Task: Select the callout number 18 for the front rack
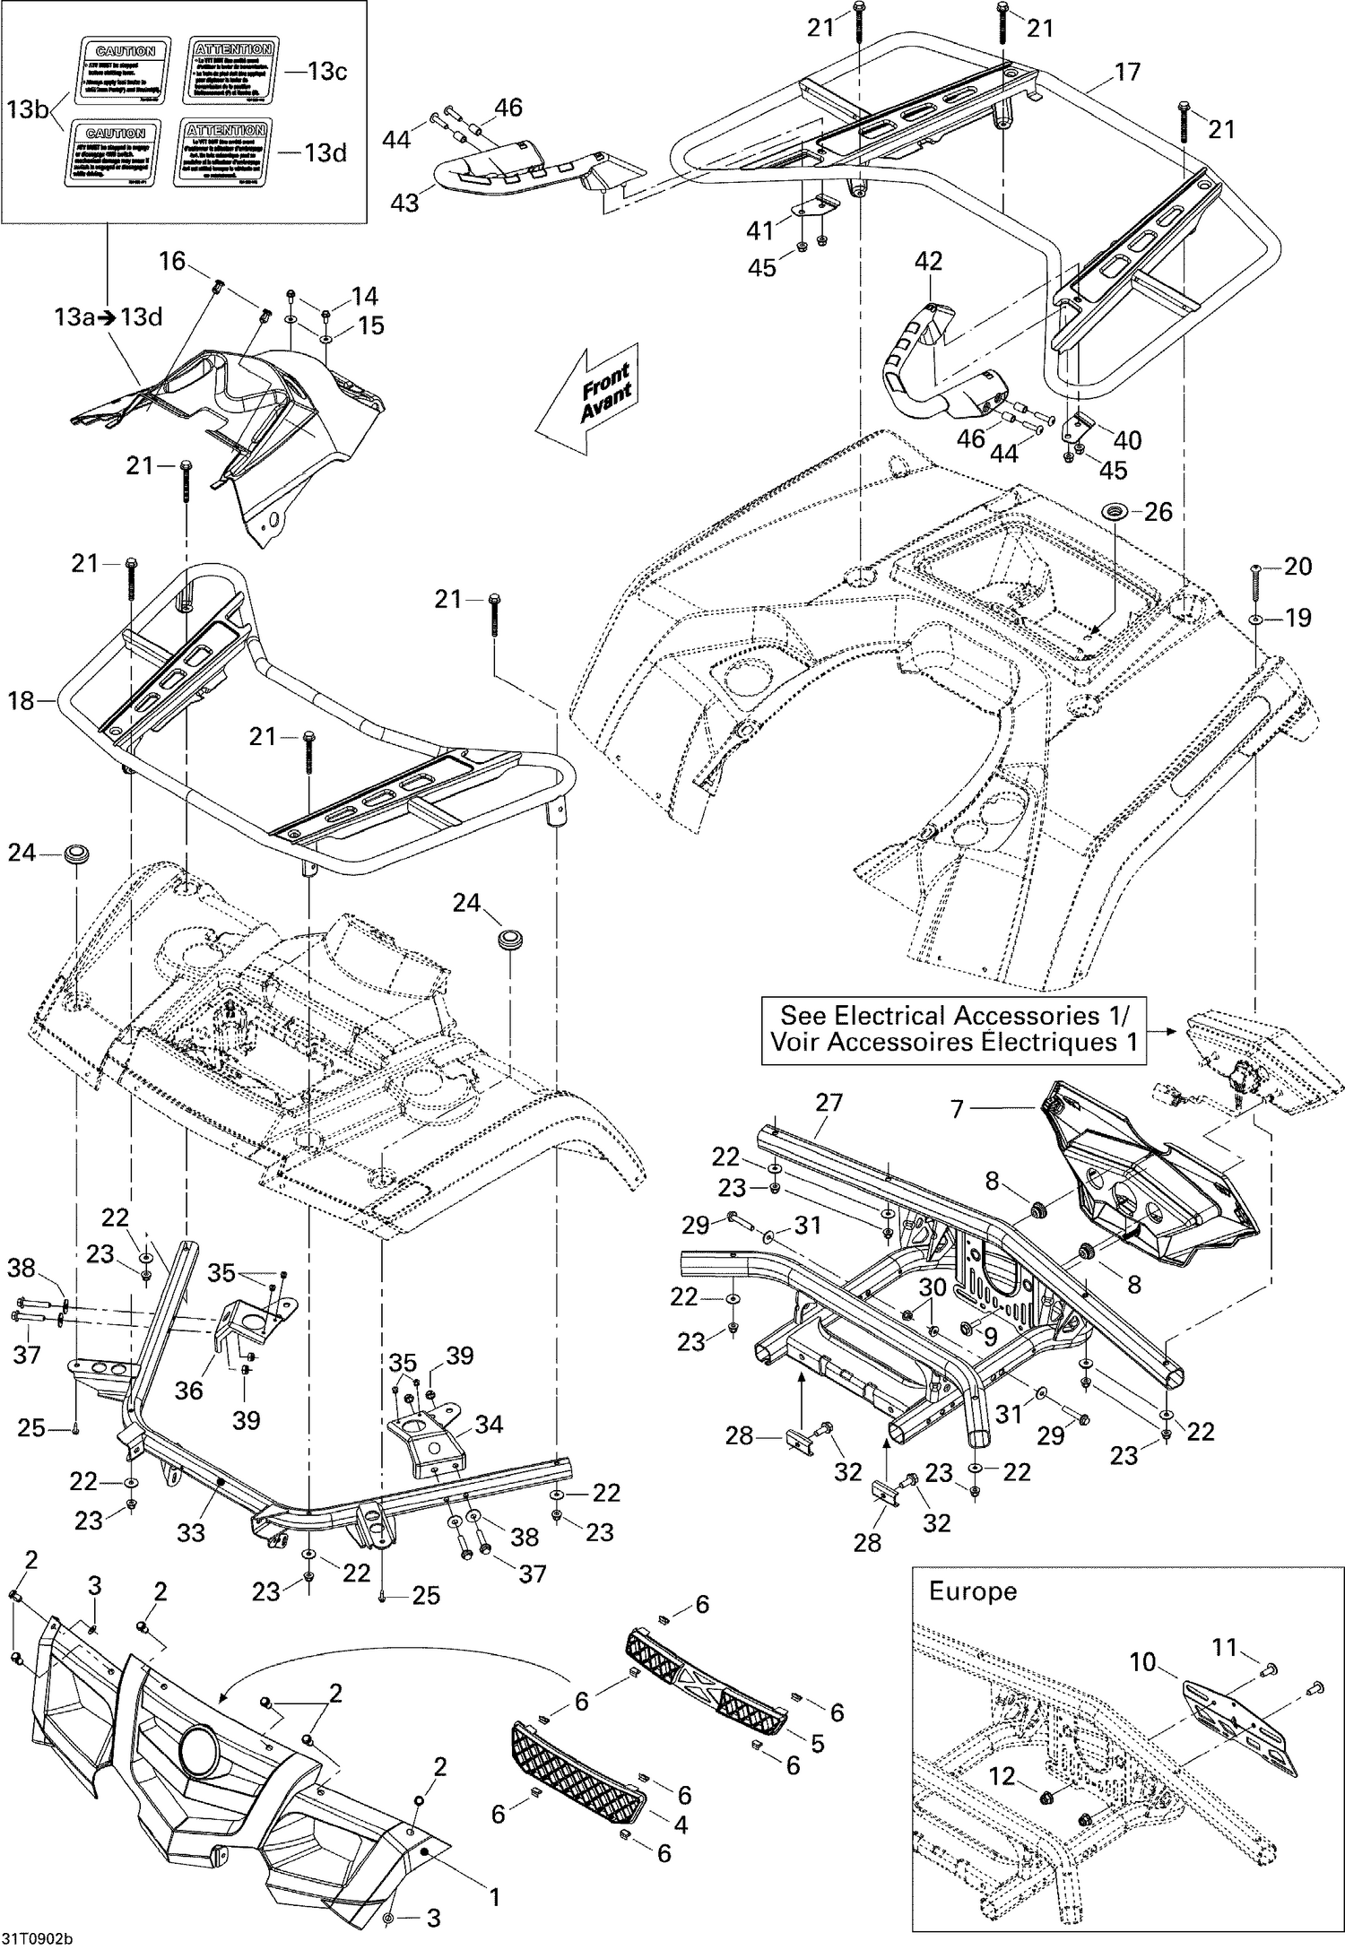(x=21, y=700)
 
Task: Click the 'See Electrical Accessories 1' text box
(x=954, y=1029)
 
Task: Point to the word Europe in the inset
(x=972, y=1591)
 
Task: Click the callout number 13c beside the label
(x=326, y=71)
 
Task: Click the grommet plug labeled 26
(x=1115, y=512)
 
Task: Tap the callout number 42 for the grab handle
(x=928, y=261)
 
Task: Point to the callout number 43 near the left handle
(x=404, y=203)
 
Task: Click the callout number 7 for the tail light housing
(x=957, y=1109)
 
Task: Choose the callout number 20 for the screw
(x=1297, y=566)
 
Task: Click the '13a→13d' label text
(x=108, y=316)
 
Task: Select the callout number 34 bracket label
(x=489, y=1424)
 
